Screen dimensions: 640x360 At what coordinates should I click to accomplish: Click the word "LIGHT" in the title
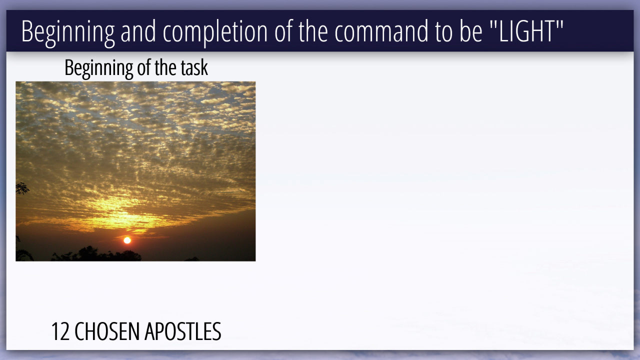526,31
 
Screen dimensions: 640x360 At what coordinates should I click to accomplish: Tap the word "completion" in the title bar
215,32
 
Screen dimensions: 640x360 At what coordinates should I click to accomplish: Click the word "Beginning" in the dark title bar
68,32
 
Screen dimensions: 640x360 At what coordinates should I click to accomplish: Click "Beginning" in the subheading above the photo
98,69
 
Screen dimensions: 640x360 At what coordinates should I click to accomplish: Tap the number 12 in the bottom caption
60,331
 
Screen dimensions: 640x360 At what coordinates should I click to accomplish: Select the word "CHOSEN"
107,331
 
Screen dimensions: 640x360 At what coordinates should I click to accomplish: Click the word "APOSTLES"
183,331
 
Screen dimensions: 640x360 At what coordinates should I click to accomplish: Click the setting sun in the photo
127,240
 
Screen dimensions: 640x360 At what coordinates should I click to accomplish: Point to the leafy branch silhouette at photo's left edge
22,188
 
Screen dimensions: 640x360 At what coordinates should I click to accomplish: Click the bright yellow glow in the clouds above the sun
120,213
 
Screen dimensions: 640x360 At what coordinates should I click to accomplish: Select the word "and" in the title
138,31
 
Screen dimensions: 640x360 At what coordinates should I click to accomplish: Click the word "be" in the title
471,31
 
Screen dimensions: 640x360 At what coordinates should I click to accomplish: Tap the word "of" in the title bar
283,31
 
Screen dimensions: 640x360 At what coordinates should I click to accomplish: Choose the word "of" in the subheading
143,67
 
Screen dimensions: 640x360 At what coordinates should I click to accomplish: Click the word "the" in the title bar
313,31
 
